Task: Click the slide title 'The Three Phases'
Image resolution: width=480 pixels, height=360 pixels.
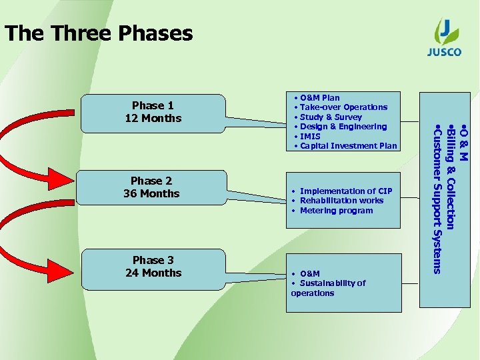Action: [99, 33]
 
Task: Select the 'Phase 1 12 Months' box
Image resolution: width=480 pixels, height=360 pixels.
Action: [153, 112]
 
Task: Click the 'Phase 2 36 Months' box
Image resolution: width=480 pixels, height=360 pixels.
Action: [152, 187]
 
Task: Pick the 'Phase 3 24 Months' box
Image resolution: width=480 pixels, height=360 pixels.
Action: [153, 267]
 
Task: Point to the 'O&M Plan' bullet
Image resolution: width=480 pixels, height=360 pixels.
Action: [319, 97]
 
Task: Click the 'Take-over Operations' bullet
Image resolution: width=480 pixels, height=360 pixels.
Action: [343, 107]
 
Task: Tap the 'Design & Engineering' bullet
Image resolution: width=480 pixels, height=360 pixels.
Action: [343, 127]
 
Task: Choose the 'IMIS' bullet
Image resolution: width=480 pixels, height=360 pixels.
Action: [310, 136]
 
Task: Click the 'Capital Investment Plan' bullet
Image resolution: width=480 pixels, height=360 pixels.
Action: [348, 146]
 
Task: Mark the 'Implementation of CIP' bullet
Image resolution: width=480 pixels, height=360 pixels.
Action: [345, 191]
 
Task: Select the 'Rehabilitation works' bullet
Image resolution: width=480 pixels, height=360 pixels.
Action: [341, 201]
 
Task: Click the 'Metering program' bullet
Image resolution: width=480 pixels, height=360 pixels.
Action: [336, 211]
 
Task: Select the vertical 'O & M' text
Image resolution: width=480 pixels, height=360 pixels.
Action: [465, 141]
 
